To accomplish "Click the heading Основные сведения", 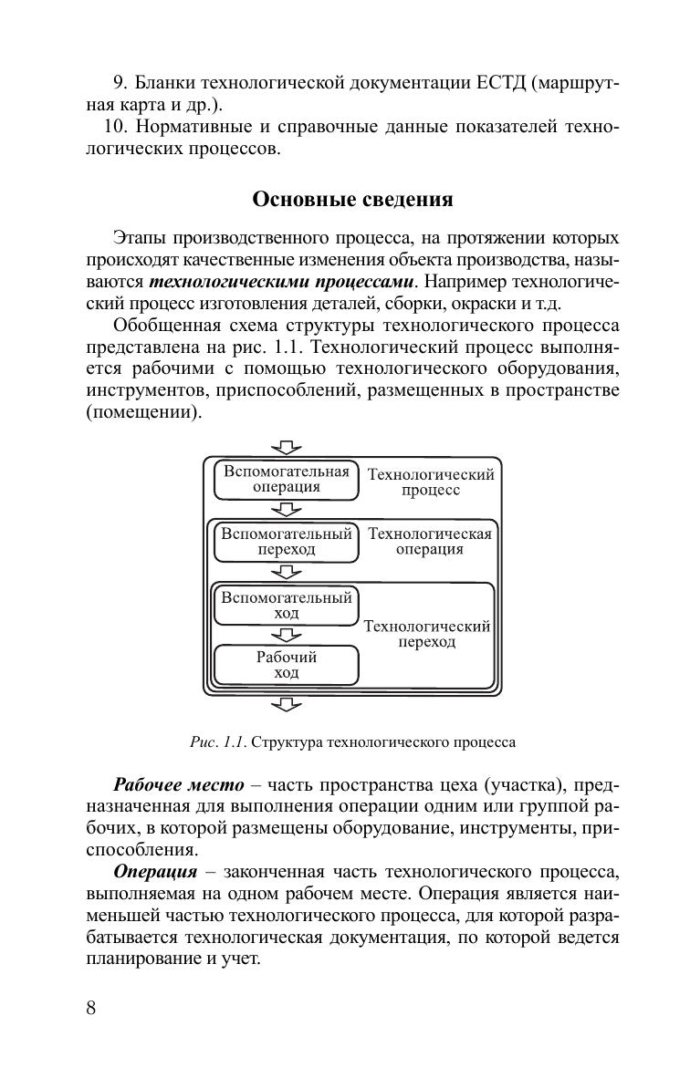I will tap(352, 199).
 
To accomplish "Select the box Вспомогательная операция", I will tap(287, 480).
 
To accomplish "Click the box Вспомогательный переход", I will tap(287, 542).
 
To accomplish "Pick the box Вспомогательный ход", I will tap(287, 606).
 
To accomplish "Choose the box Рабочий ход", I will tap(287, 665).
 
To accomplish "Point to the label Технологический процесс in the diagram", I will tap(431, 482).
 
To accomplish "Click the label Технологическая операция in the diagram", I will tap(430, 542).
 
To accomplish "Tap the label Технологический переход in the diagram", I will tap(427, 634).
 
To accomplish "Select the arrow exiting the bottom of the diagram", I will tap(287, 704).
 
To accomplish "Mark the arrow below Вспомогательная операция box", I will tap(287, 510).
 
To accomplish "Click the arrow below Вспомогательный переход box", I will tap(287, 572).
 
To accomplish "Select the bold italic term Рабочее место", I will tap(179, 785).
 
